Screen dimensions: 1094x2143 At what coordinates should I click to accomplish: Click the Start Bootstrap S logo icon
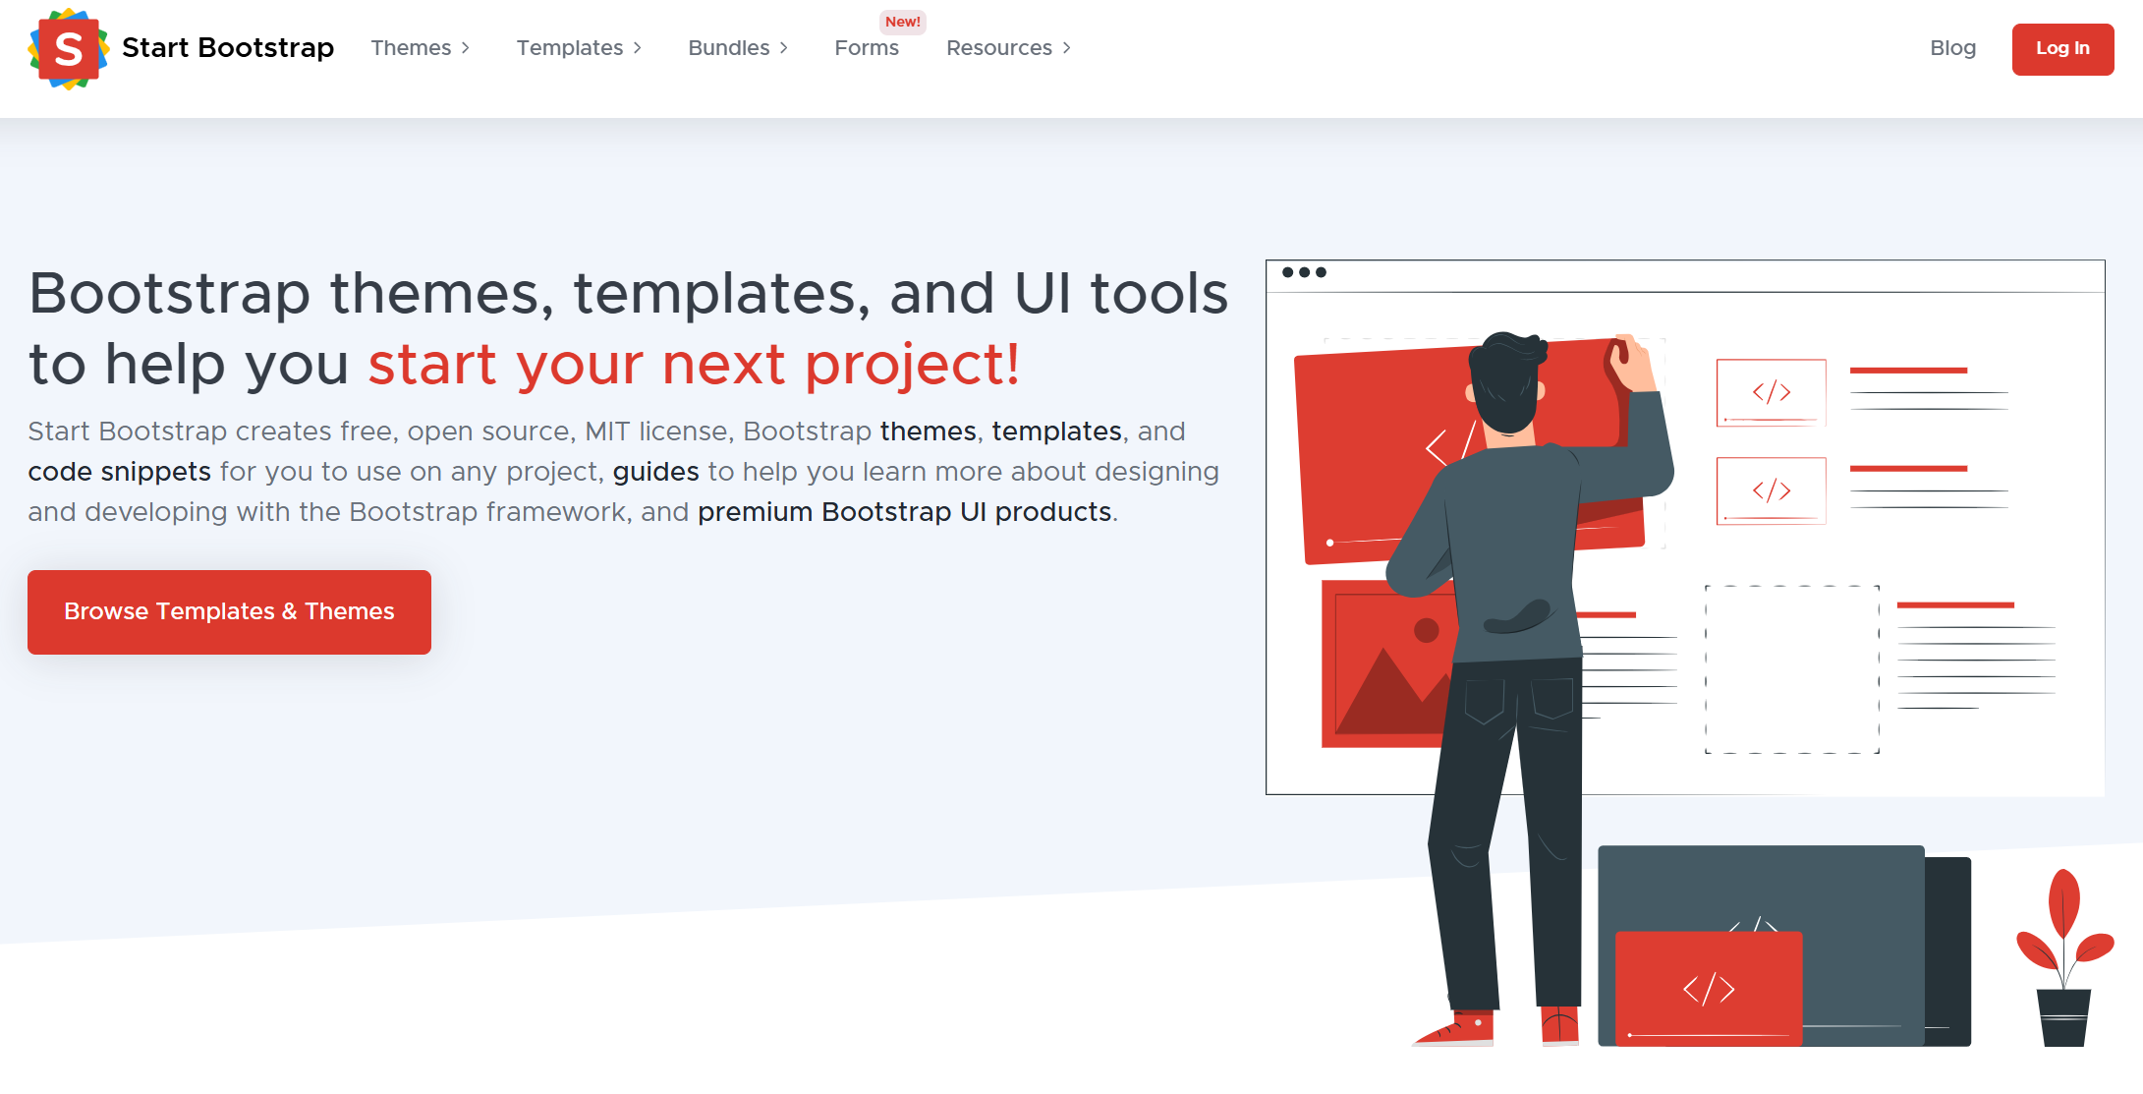click(x=68, y=48)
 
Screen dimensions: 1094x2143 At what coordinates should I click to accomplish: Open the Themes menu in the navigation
click(x=420, y=48)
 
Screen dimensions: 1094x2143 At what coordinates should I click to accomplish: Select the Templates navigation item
click(x=579, y=48)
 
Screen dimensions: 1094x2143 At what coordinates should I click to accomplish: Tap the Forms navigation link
click(x=866, y=48)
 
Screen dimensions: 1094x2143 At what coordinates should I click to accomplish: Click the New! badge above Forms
click(x=902, y=22)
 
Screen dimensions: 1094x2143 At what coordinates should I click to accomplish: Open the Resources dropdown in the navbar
click(x=1008, y=48)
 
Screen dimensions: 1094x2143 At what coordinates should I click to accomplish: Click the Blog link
click(x=1952, y=48)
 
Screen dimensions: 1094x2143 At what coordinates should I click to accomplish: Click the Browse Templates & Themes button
click(x=229, y=611)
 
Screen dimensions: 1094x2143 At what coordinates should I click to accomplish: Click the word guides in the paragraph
click(x=655, y=472)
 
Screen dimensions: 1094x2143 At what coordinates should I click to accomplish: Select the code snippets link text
click(x=119, y=472)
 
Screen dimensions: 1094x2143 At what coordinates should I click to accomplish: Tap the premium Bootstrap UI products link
click(x=904, y=512)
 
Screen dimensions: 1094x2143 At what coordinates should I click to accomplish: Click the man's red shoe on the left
click(x=1458, y=1029)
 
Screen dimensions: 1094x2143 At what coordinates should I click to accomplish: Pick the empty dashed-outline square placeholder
click(x=1791, y=669)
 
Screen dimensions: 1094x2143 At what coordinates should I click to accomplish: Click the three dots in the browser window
click(x=1304, y=272)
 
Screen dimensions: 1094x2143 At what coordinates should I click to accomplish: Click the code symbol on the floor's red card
click(x=1708, y=989)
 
